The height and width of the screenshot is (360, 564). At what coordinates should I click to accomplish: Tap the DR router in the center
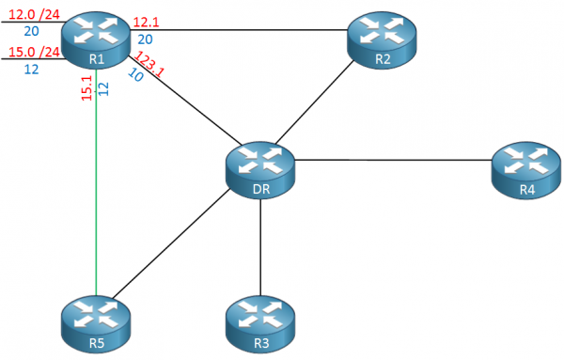point(260,170)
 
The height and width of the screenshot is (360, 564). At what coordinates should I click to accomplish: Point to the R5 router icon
point(96,323)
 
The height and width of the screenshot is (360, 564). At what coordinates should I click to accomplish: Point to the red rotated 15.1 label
point(86,90)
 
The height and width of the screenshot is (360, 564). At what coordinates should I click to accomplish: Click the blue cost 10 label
point(134,75)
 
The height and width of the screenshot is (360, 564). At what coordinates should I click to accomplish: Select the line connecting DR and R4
point(395,160)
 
